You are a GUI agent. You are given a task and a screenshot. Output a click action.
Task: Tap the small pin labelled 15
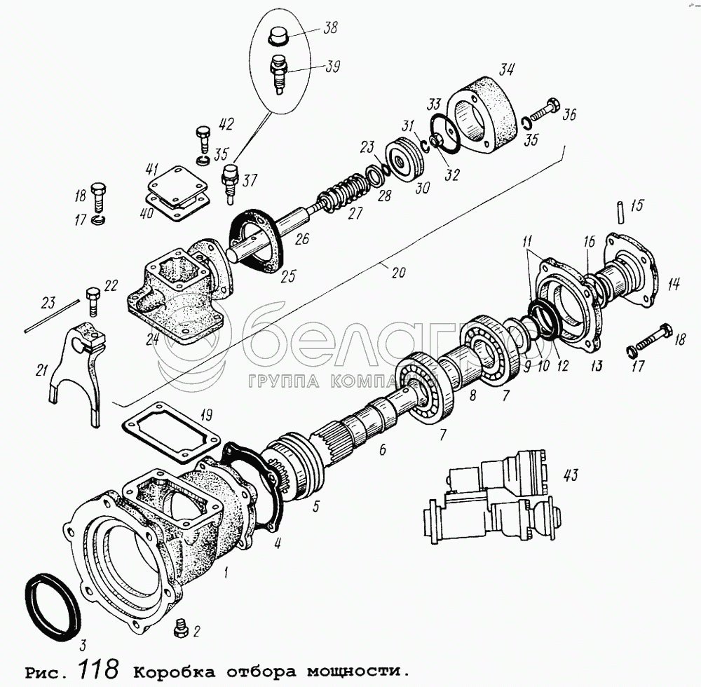pyautogui.click(x=620, y=214)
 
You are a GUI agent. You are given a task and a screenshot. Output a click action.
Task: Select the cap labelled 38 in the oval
pyautogui.click(x=279, y=36)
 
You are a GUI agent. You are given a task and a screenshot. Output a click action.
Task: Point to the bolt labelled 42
pyautogui.click(x=203, y=139)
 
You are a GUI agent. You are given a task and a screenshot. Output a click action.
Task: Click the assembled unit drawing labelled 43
pyautogui.click(x=491, y=496)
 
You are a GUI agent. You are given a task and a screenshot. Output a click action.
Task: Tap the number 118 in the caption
pyautogui.click(x=98, y=668)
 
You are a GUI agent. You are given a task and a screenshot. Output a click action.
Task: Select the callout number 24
pyautogui.click(x=152, y=340)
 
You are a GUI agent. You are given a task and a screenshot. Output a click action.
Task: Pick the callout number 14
pyautogui.click(x=674, y=283)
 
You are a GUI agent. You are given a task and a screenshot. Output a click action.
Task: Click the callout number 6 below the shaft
pyautogui.click(x=383, y=449)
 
